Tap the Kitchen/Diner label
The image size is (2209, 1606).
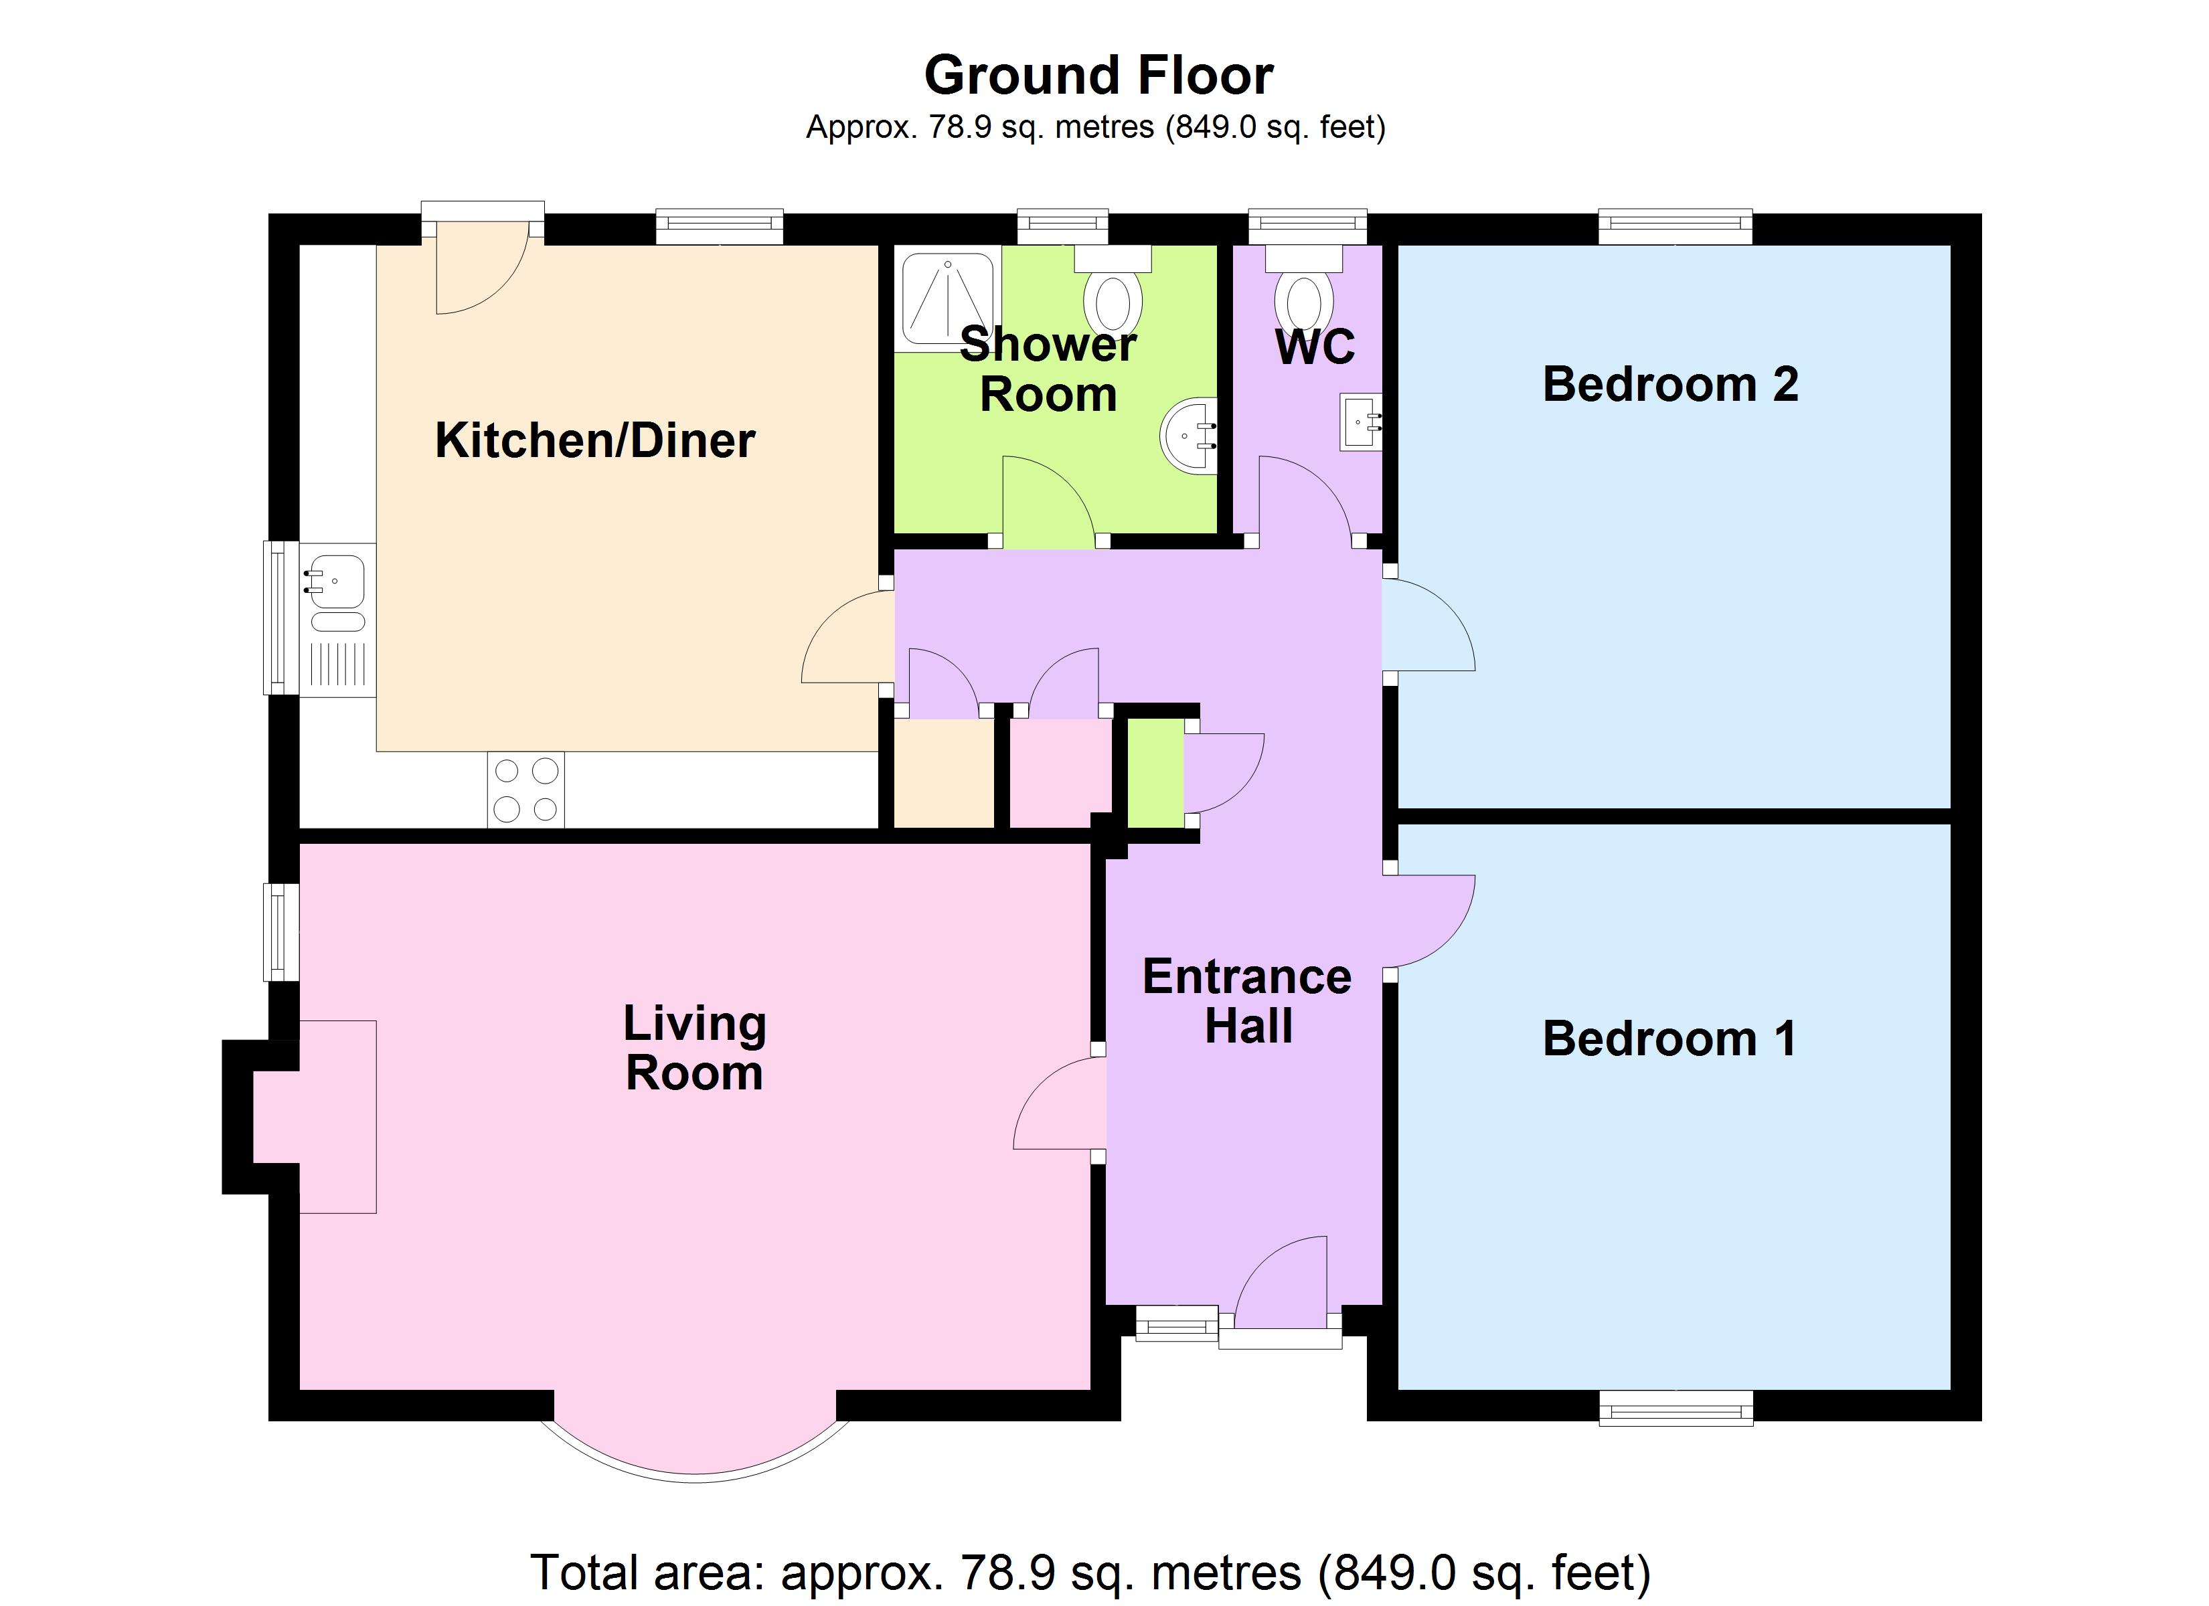[x=595, y=440]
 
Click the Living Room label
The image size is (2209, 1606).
[x=694, y=1048]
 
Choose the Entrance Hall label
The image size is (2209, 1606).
[x=1248, y=1001]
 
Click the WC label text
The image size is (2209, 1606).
[x=1315, y=347]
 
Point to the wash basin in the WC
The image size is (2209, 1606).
[x=1362, y=422]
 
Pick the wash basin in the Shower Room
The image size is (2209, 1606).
[x=1190, y=436]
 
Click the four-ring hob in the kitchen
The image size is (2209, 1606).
[x=526, y=790]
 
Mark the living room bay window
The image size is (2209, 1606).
[x=696, y=1449]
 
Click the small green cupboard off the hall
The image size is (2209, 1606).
[x=1155, y=772]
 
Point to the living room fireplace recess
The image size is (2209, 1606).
[x=314, y=1116]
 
